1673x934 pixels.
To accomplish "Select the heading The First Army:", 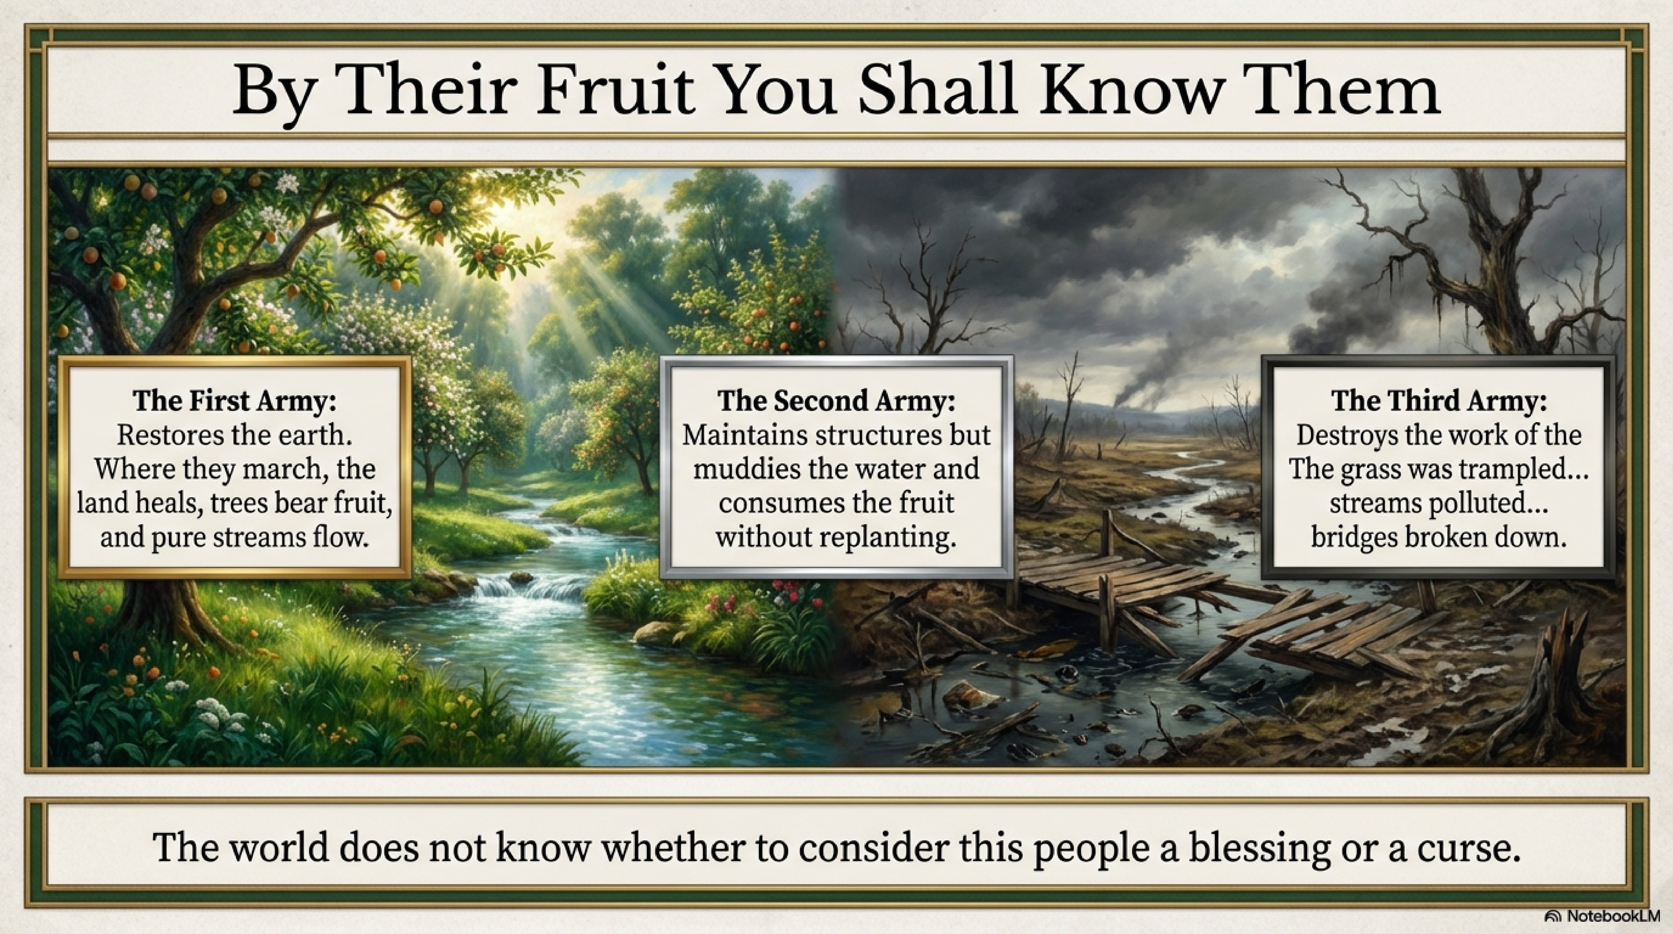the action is (x=235, y=401).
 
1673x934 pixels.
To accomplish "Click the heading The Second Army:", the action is (x=836, y=401).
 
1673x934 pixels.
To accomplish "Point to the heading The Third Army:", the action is (x=1439, y=401).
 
